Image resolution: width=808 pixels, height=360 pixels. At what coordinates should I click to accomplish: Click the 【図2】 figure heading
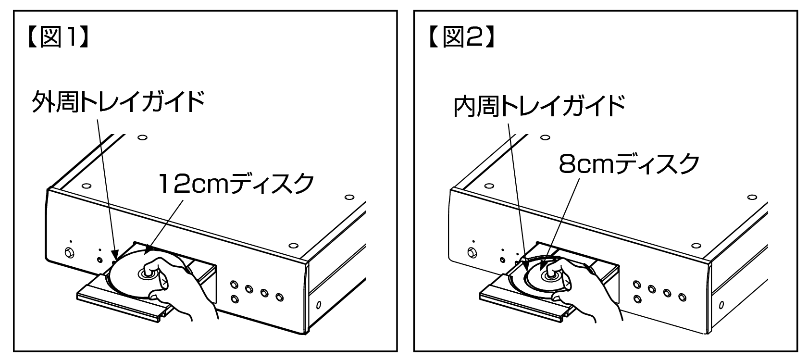point(461,37)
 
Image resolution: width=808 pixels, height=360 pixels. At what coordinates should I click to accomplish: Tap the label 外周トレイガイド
point(118,101)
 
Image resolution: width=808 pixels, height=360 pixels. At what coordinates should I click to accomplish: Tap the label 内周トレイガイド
point(539,106)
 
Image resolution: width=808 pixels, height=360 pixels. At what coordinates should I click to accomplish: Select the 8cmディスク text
point(629,164)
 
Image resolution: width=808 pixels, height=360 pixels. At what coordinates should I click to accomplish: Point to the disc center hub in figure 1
point(147,274)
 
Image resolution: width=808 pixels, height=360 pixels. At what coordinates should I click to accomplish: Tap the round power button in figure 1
point(69,252)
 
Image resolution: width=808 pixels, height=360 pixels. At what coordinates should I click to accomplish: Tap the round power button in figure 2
point(472,252)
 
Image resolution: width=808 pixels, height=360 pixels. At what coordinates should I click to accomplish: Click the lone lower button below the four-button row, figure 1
point(235,299)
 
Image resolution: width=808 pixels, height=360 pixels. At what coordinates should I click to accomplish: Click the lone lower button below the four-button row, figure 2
point(638,299)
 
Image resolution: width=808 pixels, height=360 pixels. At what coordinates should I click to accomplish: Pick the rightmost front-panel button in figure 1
point(280,297)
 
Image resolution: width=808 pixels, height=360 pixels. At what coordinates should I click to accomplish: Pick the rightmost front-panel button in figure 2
point(682,297)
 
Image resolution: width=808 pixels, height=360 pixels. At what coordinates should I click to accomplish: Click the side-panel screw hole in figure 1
point(319,305)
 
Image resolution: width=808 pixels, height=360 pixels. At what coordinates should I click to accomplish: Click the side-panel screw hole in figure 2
point(721,305)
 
